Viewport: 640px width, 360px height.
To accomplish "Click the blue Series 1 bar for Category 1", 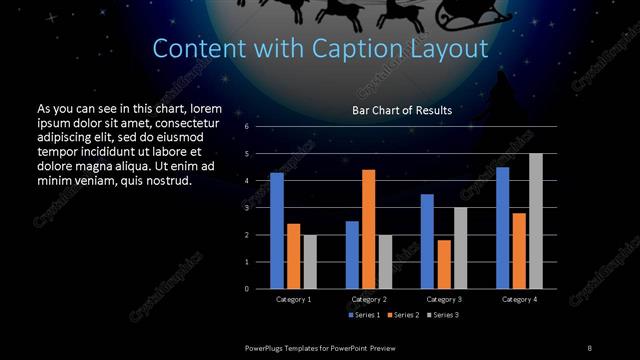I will pos(277,231).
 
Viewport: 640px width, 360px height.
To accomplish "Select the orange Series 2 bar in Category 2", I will pos(369,229).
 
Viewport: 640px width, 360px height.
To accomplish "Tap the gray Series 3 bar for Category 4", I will pos(536,221).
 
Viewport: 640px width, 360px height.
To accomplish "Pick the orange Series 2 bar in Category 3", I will pos(444,264).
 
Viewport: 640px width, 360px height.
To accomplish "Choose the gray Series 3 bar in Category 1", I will pos(310,261).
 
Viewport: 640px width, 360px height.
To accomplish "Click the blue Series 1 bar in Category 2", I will pos(352,254).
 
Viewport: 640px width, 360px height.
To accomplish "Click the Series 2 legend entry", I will pos(405,314).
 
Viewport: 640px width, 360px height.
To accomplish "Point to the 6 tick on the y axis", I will pos(246,128).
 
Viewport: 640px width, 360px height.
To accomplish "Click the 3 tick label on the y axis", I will pos(246,208).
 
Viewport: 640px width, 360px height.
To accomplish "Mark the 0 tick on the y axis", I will pos(246,288).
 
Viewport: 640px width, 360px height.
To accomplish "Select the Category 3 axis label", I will pos(444,299).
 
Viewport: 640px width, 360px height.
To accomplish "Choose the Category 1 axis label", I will pos(293,299).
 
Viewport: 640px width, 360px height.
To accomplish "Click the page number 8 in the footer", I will pos(589,346).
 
